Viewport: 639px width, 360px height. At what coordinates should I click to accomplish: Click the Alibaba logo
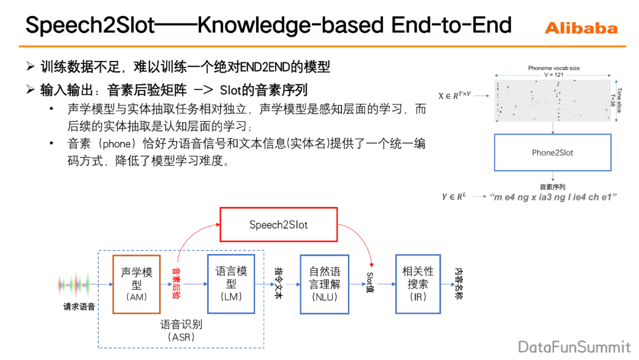580,28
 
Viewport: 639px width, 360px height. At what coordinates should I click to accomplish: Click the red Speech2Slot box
279,224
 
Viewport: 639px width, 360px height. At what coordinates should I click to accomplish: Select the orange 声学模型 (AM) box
137,284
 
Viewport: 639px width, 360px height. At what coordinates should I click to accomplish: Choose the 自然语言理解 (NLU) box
324,284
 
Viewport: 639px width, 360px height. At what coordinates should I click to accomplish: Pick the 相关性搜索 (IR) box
418,284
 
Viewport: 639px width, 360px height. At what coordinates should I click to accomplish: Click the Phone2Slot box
553,153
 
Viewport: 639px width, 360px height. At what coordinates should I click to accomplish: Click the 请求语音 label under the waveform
79,307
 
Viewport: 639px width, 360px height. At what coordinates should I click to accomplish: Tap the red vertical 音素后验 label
176,283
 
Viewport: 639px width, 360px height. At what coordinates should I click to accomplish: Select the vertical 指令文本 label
278,283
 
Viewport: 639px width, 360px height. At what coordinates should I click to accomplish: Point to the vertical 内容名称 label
459,283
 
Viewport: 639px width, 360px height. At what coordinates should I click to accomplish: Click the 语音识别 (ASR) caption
181,330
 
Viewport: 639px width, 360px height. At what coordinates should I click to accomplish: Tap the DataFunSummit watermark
575,346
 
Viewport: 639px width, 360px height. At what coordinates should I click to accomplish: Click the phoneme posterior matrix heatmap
553,101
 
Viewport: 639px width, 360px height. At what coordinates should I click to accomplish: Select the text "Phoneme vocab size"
554,68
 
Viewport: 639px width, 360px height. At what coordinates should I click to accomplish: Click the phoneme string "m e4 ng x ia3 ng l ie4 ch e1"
553,197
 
